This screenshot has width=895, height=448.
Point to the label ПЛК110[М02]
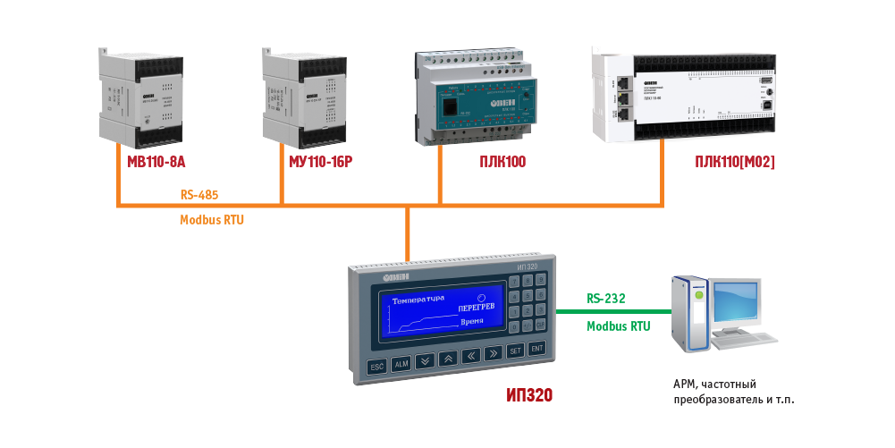click(734, 162)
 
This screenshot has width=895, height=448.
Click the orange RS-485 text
click(199, 193)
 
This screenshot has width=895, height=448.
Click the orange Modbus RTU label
click(212, 219)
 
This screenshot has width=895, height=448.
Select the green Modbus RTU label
click(618, 326)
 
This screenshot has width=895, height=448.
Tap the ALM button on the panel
click(401, 364)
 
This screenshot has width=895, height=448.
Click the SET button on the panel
click(515, 351)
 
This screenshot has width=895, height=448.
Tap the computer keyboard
click(749, 340)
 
